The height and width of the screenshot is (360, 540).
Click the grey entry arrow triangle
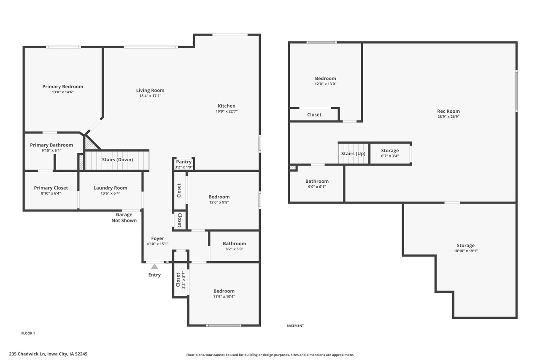click(154, 267)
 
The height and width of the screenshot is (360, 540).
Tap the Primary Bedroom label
click(63, 87)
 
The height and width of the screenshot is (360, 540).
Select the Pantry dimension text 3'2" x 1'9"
click(184, 168)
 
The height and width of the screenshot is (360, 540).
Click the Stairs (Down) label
click(117, 160)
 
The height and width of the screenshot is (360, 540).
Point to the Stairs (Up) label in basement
click(353, 154)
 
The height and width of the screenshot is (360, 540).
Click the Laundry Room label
click(110, 188)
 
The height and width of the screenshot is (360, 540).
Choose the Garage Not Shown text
click(124, 217)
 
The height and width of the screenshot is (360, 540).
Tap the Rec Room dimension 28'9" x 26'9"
click(448, 117)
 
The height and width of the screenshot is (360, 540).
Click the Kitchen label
click(227, 106)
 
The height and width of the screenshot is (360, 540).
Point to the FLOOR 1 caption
click(28, 333)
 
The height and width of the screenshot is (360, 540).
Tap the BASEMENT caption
click(295, 326)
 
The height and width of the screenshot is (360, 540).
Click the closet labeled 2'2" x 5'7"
click(180, 280)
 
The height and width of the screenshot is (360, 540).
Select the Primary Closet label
click(51, 188)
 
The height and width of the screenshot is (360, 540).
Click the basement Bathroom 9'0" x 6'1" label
click(317, 181)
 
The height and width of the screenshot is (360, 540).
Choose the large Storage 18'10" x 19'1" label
click(465, 245)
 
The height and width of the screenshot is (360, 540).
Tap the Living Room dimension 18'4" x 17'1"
click(150, 96)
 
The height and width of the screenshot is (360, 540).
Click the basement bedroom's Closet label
click(314, 115)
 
